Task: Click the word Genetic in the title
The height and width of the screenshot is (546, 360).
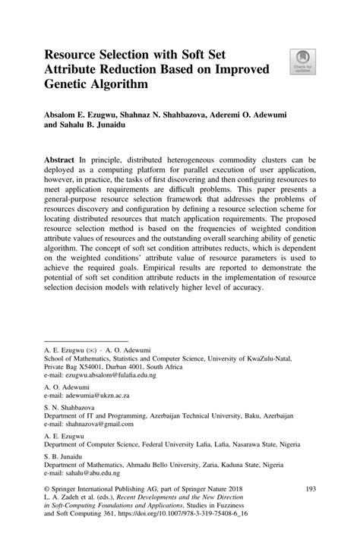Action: (x=71, y=85)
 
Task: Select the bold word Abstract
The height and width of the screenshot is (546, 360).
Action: (x=62, y=162)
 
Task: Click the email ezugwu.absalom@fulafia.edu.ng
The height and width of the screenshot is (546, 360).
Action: (x=110, y=374)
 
